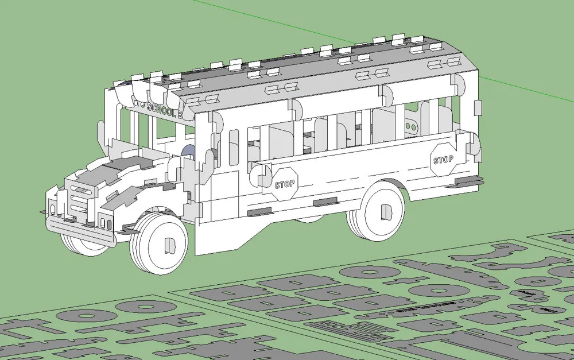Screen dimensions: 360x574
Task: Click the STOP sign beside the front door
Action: (x=284, y=184)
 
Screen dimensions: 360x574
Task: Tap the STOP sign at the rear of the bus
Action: (x=443, y=159)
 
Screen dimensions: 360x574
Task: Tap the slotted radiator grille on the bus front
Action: (x=76, y=201)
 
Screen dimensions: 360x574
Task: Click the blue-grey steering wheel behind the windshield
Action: (x=189, y=153)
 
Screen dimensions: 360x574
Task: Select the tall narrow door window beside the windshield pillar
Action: (x=233, y=148)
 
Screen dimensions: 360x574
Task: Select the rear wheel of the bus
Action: (x=377, y=212)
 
